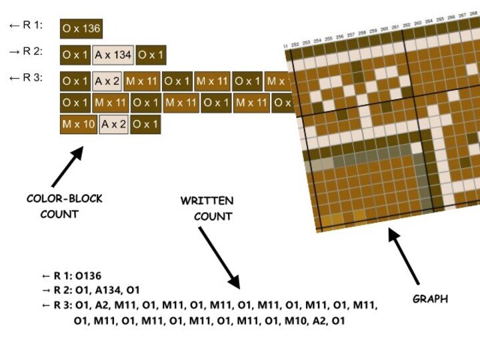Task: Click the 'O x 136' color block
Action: (x=81, y=28)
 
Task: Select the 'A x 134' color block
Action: (x=112, y=55)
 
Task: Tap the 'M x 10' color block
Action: (x=78, y=124)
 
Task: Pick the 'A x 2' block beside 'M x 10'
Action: (x=113, y=124)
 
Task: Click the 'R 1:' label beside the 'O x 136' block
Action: (x=27, y=25)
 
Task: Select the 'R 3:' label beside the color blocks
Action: (x=27, y=78)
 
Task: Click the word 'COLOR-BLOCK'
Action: (x=65, y=199)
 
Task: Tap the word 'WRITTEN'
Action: (x=207, y=201)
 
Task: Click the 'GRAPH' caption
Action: (x=430, y=299)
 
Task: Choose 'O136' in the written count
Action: (x=88, y=275)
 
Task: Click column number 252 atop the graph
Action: (x=295, y=43)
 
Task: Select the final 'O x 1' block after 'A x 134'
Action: (x=152, y=55)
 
